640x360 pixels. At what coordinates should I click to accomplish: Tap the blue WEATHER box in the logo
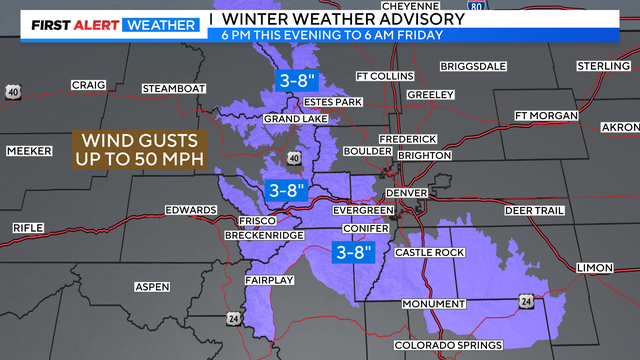pyautogui.click(x=159, y=25)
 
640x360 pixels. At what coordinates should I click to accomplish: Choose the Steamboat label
pyautogui.click(x=173, y=88)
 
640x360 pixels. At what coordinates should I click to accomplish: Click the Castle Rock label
pyautogui.click(x=429, y=253)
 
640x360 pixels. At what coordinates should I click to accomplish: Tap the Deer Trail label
pyautogui.click(x=534, y=211)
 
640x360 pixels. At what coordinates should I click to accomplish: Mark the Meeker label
pyautogui.click(x=28, y=150)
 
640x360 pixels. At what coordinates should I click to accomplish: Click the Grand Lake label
pyautogui.click(x=291, y=119)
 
